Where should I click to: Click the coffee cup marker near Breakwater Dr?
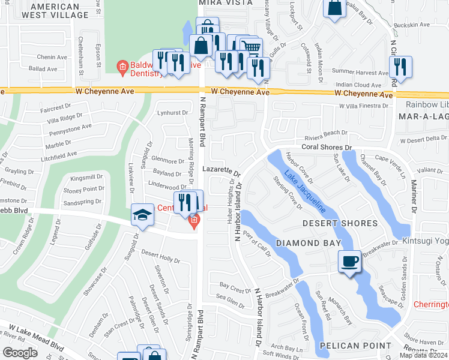[x=349, y=261]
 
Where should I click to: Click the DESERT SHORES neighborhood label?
[x=340, y=223]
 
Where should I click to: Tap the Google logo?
[x=20, y=353]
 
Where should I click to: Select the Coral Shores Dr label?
[x=326, y=147]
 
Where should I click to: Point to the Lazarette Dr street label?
[x=221, y=170]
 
